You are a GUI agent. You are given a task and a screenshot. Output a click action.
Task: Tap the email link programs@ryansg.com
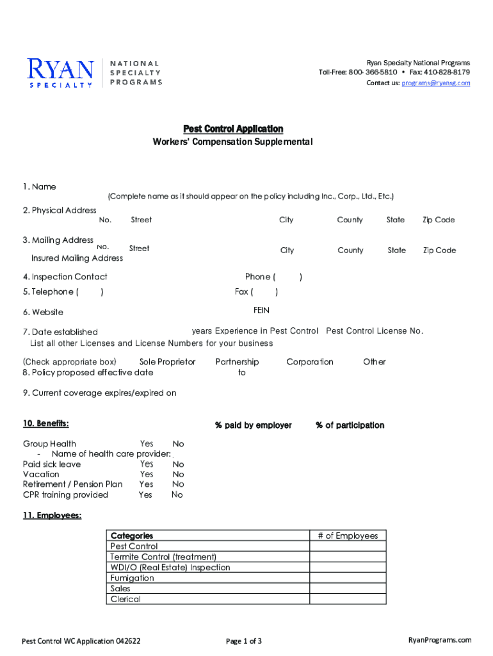(x=435, y=83)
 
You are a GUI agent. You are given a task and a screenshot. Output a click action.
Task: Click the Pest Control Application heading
(x=233, y=129)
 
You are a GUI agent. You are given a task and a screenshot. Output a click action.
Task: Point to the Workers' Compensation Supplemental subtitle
(x=232, y=142)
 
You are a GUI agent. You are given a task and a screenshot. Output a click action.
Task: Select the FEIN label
(x=261, y=310)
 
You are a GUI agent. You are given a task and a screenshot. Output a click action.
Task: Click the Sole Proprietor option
(x=167, y=362)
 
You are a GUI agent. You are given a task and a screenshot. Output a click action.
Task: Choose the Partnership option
(x=237, y=362)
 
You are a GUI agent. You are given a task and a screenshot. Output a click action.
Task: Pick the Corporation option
(x=310, y=362)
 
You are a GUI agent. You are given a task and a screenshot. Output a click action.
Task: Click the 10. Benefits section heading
(x=45, y=423)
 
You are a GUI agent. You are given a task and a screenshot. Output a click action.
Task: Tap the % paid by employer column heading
(x=254, y=425)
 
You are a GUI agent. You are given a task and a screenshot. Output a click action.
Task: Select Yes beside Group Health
(x=147, y=443)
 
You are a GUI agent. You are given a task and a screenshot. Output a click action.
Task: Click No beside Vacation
(x=178, y=475)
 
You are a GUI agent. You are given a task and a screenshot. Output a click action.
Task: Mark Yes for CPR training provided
(x=145, y=495)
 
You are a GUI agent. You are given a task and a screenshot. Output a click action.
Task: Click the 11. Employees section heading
(x=52, y=516)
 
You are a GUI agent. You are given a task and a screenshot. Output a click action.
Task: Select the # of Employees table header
(x=348, y=536)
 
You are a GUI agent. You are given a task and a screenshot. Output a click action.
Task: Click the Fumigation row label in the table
(x=132, y=578)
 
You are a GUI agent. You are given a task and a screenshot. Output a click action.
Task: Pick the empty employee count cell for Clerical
(x=348, y=599)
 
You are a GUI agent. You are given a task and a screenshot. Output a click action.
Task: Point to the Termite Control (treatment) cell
(x=163, y=557)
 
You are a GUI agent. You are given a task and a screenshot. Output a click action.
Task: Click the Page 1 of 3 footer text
(x=244, y=641)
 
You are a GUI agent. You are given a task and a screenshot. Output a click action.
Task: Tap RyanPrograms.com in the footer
(x=439, y=640)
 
